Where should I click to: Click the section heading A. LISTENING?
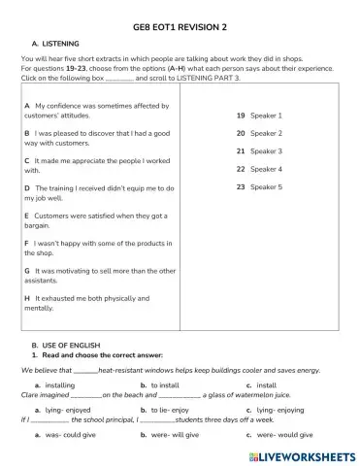(x=57, y=43)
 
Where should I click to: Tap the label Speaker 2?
(x=266, y=133)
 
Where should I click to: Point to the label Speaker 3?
(x=266, y=151)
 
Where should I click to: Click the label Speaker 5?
(x=266, y=186)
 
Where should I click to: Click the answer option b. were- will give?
(x=175, y=436)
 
